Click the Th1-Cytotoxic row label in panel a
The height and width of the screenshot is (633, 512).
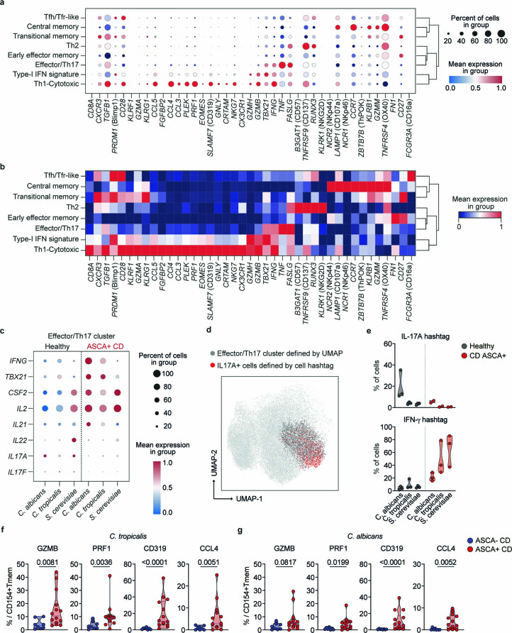coord(57,84)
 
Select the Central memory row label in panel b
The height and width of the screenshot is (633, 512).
coord(53,186)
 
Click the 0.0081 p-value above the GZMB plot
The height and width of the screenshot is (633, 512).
coord(48,562)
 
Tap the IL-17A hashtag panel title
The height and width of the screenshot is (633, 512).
coord(425,336)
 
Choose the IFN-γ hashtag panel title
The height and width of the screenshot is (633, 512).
coord(425,419)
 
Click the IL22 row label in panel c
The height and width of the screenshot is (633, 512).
coord(20,441)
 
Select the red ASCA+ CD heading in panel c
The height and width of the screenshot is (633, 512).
coord(105,346)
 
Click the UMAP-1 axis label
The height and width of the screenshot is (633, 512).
coord(249,499)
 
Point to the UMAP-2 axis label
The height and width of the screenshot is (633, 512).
coord(215,458)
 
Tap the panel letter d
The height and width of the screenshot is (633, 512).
coord(208,330)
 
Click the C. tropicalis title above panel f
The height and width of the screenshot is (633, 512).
coord(128,536)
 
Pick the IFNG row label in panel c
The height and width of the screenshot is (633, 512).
coord(18,360)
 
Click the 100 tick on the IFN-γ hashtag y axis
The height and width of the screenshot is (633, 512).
coord(387,426)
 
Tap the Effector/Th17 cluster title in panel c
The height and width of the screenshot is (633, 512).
coord(81,336)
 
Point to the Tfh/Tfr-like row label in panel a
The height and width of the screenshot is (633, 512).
coord(61,17)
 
